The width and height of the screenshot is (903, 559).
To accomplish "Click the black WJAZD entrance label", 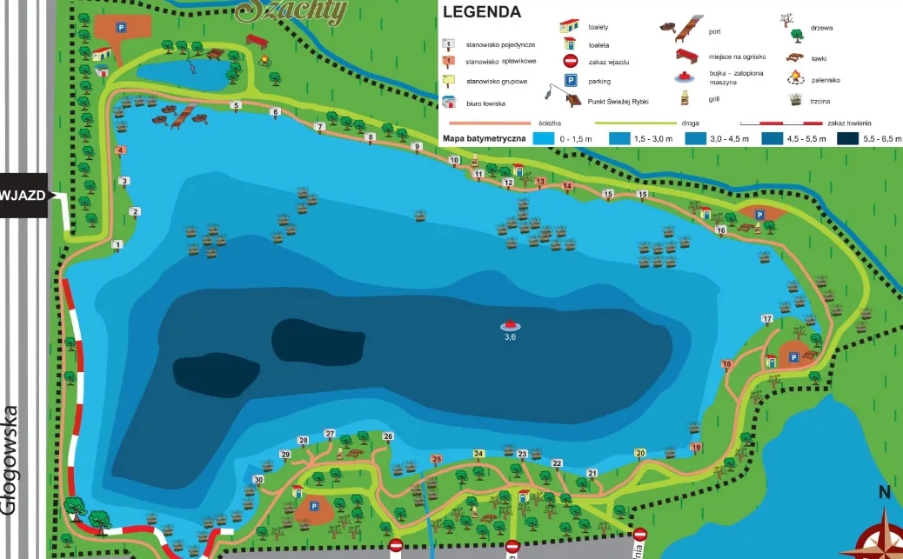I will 24,196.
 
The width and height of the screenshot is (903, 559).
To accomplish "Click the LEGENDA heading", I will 482,12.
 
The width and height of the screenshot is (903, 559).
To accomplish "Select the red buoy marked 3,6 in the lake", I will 510,324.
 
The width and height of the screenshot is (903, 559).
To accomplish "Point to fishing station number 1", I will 117,246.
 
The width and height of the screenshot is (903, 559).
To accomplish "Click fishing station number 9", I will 417,147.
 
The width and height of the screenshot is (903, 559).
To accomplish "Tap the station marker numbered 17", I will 766,319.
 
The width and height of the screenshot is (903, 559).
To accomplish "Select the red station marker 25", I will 437,459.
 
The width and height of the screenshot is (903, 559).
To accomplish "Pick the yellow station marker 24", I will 478,454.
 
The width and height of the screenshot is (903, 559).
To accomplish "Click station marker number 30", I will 258,480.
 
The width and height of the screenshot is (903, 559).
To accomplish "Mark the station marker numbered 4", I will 119,150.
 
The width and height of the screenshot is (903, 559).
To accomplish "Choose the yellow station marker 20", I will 640,453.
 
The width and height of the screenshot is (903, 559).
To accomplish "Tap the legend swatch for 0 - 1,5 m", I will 544,138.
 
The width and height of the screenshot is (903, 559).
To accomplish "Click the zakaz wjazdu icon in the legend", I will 570,61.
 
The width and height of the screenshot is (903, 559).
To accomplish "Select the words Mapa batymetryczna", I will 484,138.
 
